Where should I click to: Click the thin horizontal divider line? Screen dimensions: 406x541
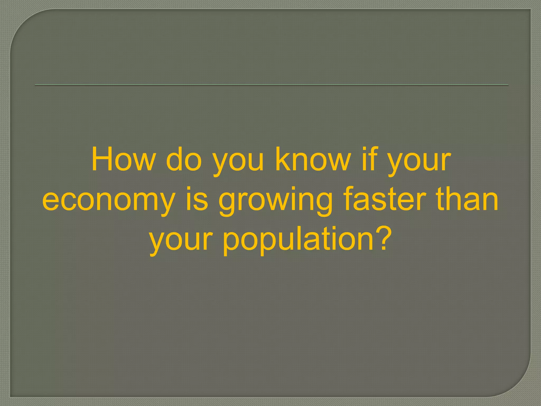click(x=271, y=85)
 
